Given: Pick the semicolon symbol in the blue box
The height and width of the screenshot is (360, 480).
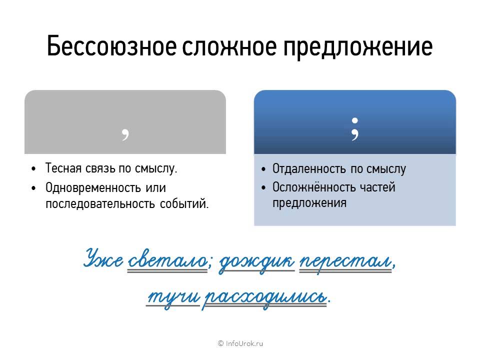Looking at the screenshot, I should [355, 129].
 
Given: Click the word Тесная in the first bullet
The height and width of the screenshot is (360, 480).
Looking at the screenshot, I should [61, 168].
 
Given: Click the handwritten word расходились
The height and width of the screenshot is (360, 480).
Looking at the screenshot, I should [265, 296].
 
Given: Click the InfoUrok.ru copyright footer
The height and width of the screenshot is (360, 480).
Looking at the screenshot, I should [240, 343].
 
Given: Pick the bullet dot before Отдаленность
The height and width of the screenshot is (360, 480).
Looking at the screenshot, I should [263, 169].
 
